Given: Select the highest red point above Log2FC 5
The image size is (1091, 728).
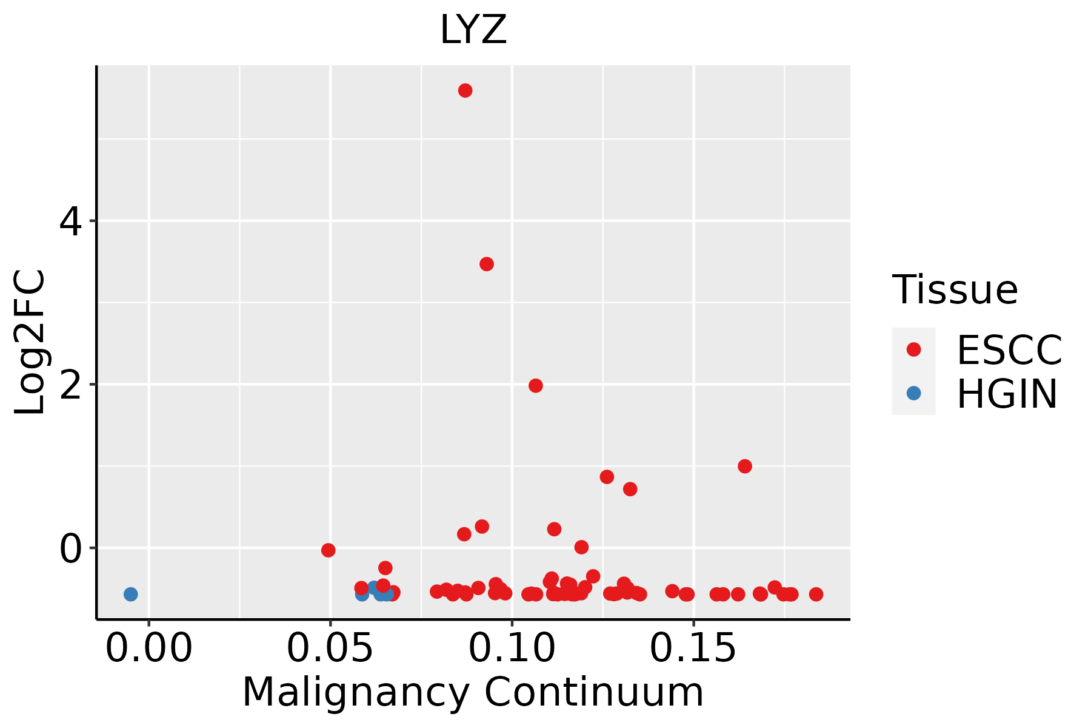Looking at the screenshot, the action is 465,90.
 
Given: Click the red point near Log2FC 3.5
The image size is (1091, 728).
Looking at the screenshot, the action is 487,264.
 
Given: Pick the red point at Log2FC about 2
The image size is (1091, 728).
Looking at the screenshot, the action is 536,386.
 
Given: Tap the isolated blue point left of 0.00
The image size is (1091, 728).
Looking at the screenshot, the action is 131,594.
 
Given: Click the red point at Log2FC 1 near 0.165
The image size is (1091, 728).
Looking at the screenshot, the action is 745,466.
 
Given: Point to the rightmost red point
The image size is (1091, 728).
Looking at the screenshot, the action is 816,594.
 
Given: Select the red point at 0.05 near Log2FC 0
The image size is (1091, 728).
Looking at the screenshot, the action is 329,550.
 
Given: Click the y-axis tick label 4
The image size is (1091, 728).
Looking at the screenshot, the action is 71,222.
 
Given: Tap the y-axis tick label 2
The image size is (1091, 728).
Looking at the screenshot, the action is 71,386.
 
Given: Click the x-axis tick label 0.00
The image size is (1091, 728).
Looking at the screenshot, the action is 149,649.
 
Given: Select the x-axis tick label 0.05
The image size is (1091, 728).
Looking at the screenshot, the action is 330,649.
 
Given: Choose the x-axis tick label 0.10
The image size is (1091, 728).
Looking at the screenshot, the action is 512,649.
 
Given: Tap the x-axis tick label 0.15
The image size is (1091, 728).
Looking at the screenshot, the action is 693,649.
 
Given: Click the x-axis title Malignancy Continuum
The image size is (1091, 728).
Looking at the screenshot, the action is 473,693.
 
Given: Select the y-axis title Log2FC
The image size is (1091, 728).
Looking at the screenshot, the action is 30,342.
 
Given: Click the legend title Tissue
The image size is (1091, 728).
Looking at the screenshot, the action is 955,290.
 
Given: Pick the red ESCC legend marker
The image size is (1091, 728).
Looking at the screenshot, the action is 913,349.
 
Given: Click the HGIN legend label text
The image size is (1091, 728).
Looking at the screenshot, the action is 1007,394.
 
